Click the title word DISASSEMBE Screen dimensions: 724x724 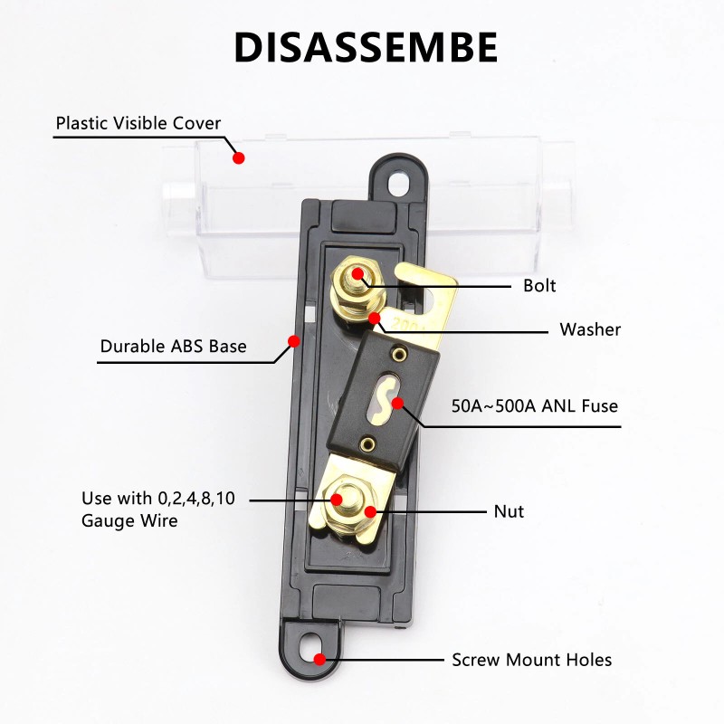point(366,47)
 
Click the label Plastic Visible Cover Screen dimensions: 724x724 point(138,123)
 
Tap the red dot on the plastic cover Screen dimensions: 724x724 point(239,157)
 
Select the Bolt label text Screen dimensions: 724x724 point(539,286)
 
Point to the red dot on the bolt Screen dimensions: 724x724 point(358,272)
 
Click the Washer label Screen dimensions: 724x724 point(590,329)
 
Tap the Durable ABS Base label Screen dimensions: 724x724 point(173,346)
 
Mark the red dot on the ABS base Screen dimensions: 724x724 point(293,341)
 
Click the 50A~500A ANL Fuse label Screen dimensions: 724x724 point(535,405)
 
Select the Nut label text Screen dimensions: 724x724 point(509,511)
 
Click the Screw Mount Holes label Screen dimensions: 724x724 point(532,660)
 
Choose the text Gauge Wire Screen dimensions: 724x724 point(129,521)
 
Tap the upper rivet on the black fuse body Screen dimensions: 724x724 point(395,350)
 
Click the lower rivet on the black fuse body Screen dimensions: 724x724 point(367,443)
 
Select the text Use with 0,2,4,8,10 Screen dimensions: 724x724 point(158,499)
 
